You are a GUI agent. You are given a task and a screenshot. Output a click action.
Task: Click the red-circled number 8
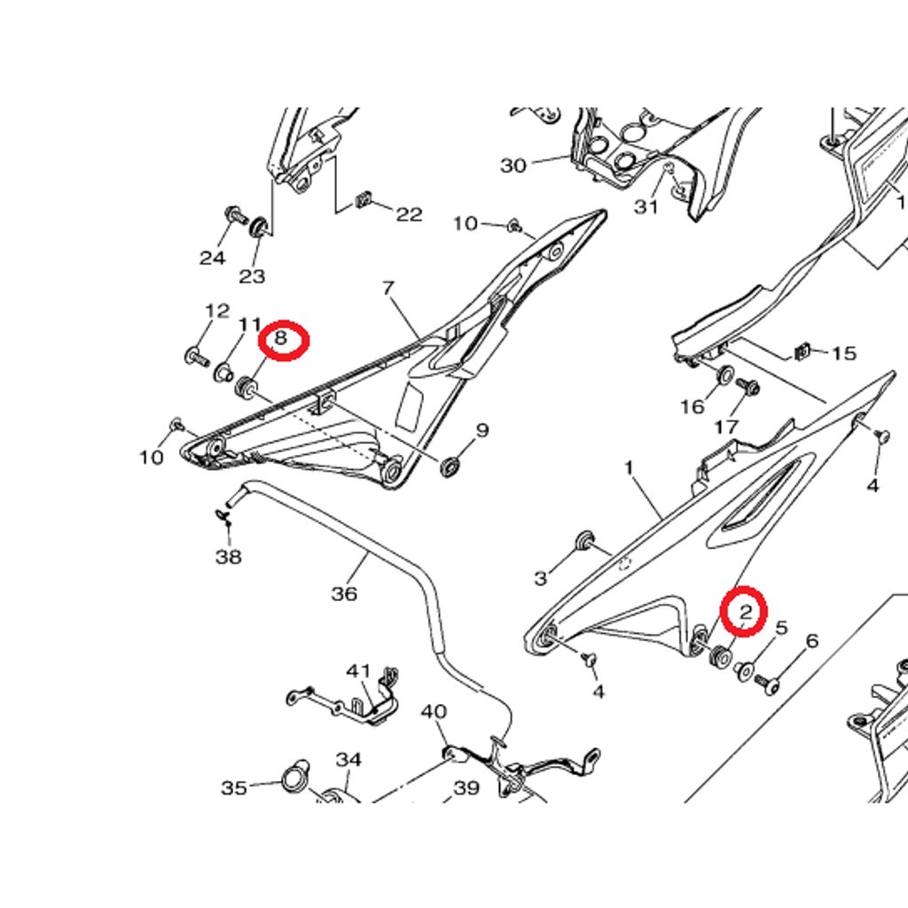click(280, 338)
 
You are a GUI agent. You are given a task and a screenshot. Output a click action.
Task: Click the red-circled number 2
click(745, 611)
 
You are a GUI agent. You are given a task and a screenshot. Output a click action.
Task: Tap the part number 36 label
click(345, 593)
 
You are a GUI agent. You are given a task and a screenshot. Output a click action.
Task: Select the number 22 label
click(409, 215)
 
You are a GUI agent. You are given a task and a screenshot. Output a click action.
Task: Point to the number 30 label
click(513, 166)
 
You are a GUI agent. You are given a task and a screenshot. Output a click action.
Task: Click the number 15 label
click(844, 353)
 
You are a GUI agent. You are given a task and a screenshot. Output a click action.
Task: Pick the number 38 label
click(228, 557)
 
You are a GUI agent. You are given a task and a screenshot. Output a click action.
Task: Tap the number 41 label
click(358, 671)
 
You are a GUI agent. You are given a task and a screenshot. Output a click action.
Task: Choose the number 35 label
click(234, 788)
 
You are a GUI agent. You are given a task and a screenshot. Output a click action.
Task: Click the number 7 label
click(388, 288)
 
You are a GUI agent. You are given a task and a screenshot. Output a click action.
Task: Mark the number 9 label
click(482, 430)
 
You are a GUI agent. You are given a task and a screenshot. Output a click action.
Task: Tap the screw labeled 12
click(197, 356)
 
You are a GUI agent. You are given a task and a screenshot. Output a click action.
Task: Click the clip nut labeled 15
click(802, 351)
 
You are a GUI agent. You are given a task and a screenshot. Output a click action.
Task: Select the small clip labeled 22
click(363, 200)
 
